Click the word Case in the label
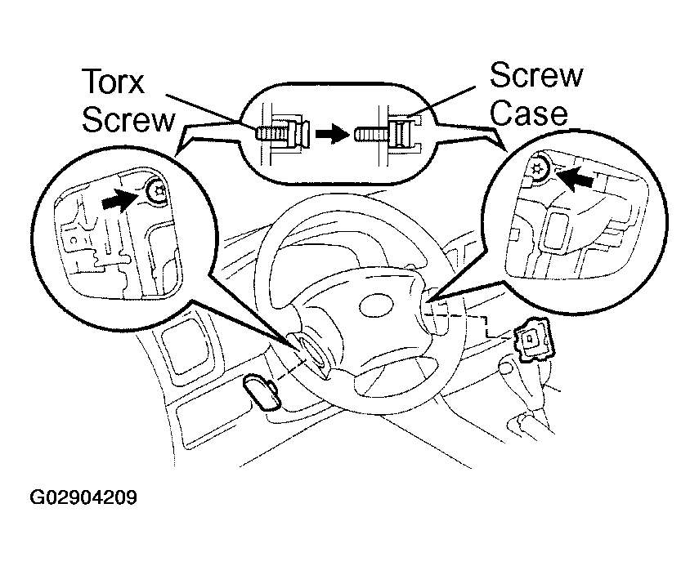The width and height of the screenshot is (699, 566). (529, 112)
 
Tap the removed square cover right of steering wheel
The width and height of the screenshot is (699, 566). (531, 339)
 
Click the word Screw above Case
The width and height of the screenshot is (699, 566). (535, 77)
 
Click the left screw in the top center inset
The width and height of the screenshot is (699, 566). (280, 132)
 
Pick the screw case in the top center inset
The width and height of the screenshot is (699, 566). (401, 132)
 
